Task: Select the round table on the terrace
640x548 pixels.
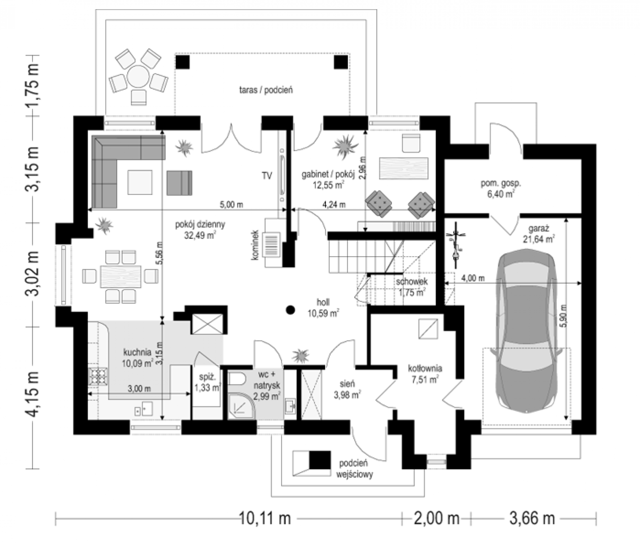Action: pyautogui.click(x=138, y=76)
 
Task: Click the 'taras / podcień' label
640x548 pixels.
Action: pyautogui.click(x=266, y=90)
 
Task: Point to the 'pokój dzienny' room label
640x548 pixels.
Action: pyautogui.click(x=200, y=224)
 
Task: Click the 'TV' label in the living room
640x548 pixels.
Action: pyautogui.click(x=267, y=176)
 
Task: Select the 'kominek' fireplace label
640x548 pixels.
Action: pyautogui.click(x=255, y=245)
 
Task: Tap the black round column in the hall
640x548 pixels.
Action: pyautogui.click(x=290, y=310)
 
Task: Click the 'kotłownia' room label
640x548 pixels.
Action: pyautogui.click(x=425, y=369)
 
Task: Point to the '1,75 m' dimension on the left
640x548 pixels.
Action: pyautogui.click(x=33, y=85)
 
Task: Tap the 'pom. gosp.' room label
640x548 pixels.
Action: pyautogui.click(x=501, y=184)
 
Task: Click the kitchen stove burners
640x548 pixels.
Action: pyautogui.click(x=98, y=377)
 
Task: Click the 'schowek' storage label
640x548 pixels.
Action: pyautogui.click(x=412, y=281)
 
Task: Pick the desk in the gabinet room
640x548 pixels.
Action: pyautogui.click(x=404, y=168)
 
